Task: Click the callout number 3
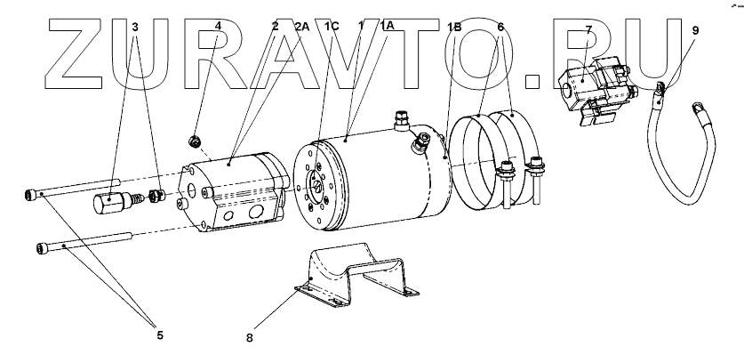coord(135,28)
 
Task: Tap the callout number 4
coord(218,28)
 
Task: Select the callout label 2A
coord(302,28)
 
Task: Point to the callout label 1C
coord(332,28)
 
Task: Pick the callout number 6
coord(501,28)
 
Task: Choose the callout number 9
coord(694,30)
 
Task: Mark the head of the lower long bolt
coord(42,247)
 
